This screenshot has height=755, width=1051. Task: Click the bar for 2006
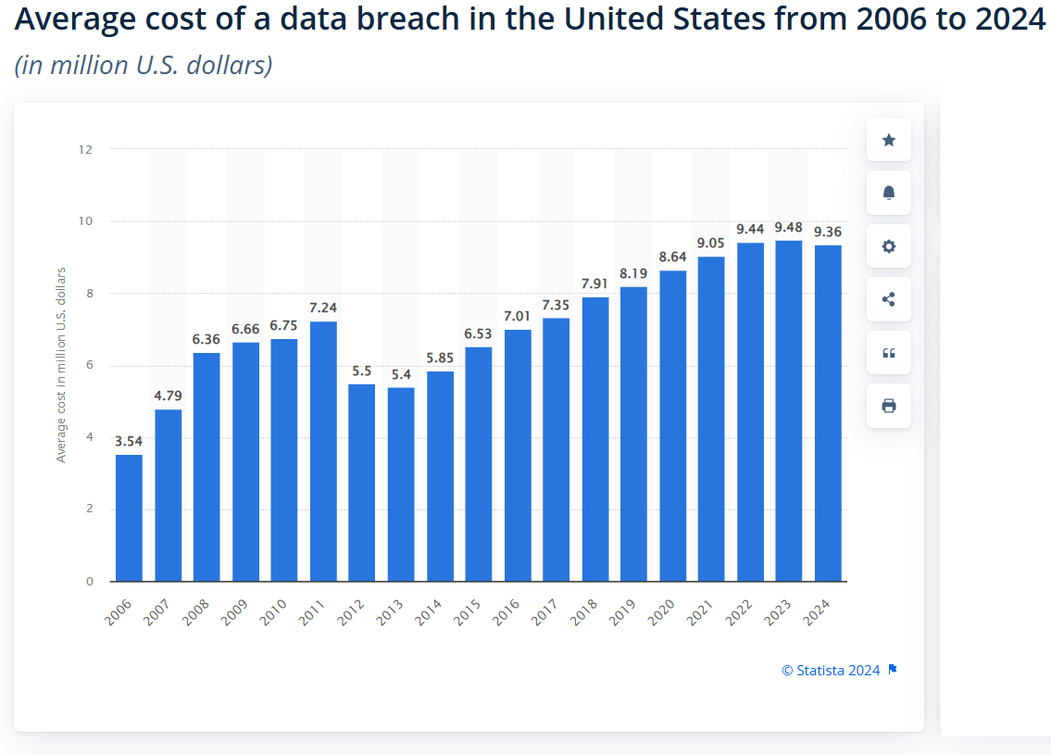(x=129, y=518)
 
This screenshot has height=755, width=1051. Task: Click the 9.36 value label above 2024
(x=828, y=232)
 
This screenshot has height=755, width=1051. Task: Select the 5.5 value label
(x=362, y=371)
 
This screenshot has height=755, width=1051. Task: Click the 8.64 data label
(x=672, y=257)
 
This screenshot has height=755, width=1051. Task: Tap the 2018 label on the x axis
(x=585, y=612)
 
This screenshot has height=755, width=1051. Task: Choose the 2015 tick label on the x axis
(x=469, y=612)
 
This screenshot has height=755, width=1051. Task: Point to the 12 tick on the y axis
(x=87, y=149)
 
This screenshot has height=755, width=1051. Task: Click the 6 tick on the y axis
(x=90, y=366)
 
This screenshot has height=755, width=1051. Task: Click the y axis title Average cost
(x=62, y=365)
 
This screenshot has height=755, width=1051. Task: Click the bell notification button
(x=889, y=193)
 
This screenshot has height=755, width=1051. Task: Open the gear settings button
(x=889, y=246)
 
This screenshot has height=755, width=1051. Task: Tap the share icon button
(x=889, y=299)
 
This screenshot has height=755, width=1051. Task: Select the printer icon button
(x=889, y=406)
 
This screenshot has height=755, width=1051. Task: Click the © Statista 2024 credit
(x=831, y=671)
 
